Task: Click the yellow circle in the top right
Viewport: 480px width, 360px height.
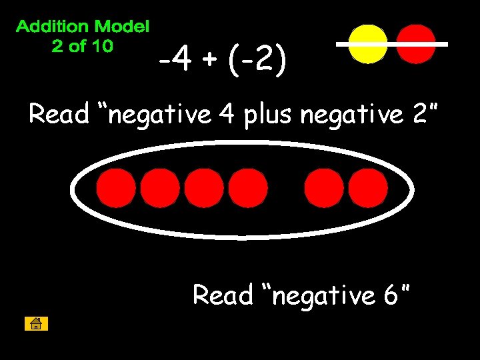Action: [368, 44]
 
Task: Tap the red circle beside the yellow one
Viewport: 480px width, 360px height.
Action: [416, 44]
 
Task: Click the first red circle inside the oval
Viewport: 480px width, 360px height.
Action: [116, 187]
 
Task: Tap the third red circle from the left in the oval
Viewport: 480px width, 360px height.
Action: [204, 187]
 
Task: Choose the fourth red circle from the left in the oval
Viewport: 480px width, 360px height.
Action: [247, 187]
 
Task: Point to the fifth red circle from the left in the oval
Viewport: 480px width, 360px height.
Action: [324, 187]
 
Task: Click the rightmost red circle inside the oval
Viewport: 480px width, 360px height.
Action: [367, 187]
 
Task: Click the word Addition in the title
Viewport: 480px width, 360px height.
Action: [52, 27]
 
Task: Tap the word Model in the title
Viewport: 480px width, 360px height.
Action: [122, 27]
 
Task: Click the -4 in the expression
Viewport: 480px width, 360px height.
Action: [175, 62]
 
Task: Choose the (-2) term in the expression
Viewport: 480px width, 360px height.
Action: [257, 62]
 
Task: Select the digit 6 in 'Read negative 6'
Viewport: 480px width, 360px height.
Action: [391, 294]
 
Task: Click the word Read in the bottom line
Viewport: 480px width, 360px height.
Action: [223, 294]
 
